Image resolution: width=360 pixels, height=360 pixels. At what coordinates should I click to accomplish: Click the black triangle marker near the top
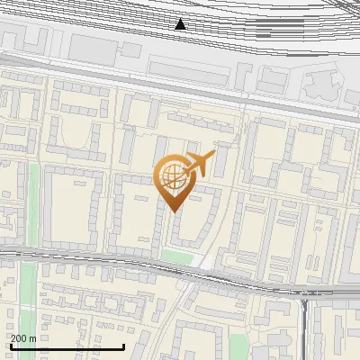point(180,24)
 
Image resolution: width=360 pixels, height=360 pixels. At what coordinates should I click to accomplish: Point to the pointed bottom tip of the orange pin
point(173,211)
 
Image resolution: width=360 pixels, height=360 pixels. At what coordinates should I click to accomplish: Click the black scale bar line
point(67,346)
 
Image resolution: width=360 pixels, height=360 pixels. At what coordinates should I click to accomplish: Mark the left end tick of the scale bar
point(12,346)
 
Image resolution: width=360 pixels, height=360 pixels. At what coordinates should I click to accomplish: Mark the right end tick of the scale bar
point(123,346)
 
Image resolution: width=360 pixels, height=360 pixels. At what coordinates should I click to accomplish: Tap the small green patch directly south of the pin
point(177,257)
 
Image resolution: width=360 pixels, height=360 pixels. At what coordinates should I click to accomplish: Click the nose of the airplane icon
point(214,154)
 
